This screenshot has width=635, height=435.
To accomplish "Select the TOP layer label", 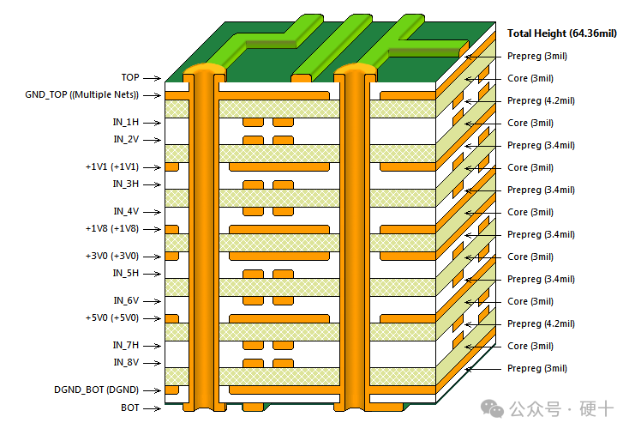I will (129, 78).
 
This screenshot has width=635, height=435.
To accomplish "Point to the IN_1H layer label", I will (125, 122).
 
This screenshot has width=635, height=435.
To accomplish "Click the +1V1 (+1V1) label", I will (111, 166).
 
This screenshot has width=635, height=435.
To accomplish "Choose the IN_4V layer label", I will (125, 211).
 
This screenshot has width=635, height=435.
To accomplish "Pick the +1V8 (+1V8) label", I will (111, 228).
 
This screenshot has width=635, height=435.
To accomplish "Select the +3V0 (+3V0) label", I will (111, 256).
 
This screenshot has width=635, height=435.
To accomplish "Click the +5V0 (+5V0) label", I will (111, 317).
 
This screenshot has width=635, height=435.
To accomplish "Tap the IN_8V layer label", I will (125, 362).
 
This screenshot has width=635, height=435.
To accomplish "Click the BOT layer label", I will (129, 408).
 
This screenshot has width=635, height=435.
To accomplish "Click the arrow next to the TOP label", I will (153, 78).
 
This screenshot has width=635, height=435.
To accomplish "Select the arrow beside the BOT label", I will (153, 408).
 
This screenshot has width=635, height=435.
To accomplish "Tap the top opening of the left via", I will (203, 67).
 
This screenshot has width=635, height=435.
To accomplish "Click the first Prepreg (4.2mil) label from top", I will (541, 100).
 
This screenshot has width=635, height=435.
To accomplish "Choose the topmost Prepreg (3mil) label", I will (536, 56).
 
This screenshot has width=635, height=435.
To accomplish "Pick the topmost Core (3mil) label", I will (530, 78).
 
